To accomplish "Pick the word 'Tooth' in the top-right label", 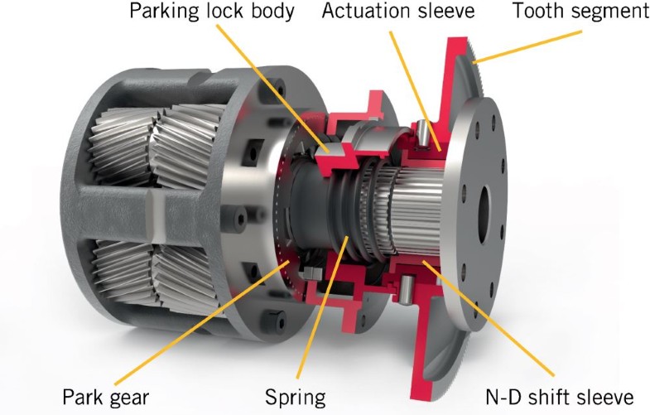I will pyautogui.click(x=539, y=13).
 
